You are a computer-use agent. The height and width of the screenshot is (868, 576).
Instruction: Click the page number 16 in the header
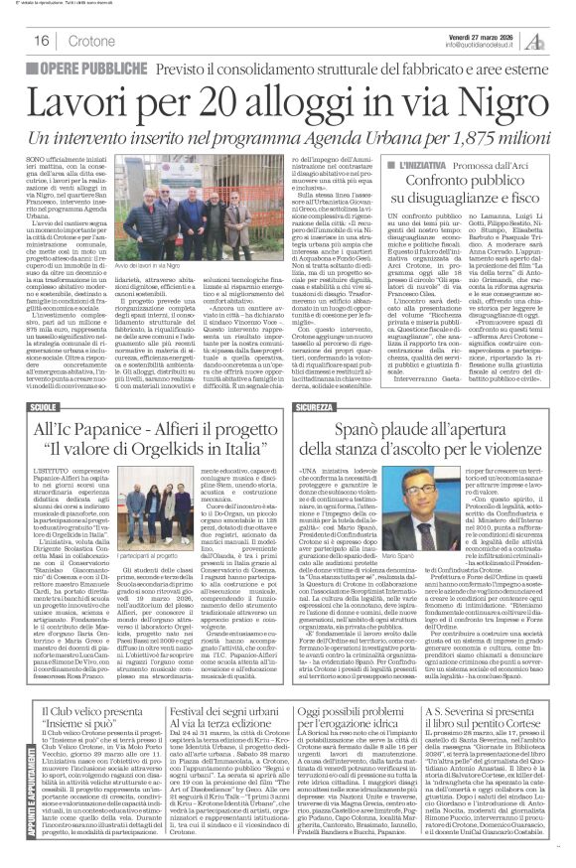click(43, 41)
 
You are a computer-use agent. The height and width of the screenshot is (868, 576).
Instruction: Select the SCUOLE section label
click(45, 408)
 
